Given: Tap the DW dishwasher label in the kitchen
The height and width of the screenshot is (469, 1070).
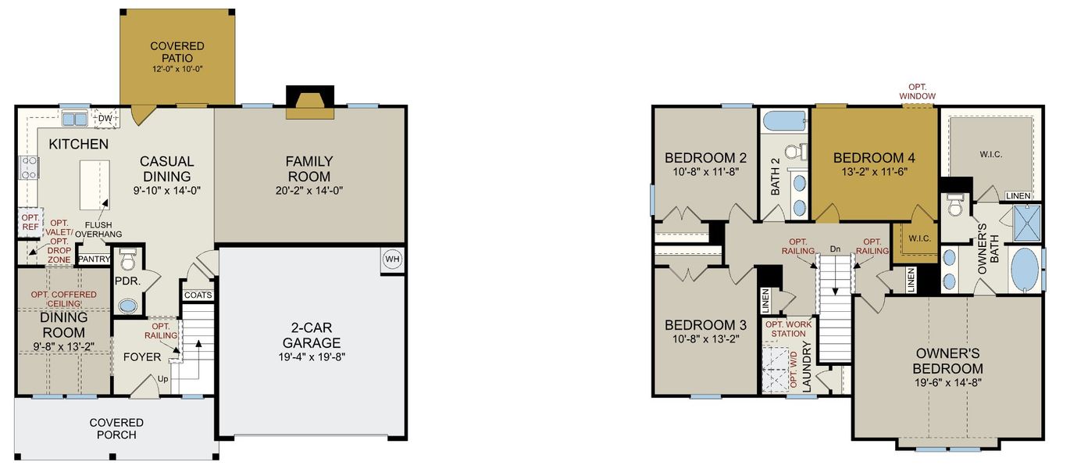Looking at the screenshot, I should click(x=104, y=119).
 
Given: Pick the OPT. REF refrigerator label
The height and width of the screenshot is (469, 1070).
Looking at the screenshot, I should click(x=30, y=223).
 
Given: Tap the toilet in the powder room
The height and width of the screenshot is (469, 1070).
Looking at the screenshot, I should click(x=128, y=259).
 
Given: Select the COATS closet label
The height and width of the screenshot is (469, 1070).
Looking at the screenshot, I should click(x=198, y=295).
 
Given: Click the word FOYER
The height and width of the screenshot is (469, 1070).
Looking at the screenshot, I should click(x=142, y=357).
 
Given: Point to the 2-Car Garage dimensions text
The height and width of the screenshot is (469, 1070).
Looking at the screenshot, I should click(x=311, y=357).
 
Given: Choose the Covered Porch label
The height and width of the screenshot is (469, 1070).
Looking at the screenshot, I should click(x=116, y=428).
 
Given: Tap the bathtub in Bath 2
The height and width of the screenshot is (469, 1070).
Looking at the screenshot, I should click(x=784, y=121).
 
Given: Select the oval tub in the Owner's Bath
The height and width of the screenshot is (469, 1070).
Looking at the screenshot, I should click(x=1026, y=270).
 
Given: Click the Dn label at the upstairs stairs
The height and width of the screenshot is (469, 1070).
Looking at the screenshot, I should click(x=835, y=249).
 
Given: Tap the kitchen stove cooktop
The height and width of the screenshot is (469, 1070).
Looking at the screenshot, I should click(x=28, y=167).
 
